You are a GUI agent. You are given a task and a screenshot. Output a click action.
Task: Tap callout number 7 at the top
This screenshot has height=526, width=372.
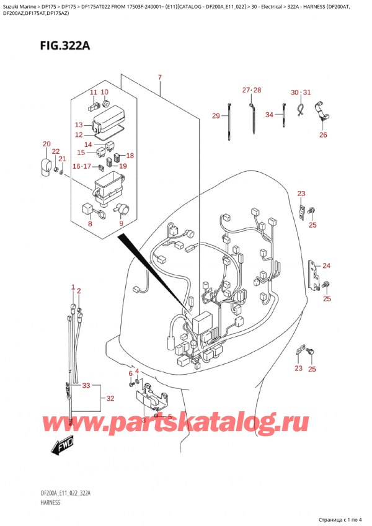(160, 78)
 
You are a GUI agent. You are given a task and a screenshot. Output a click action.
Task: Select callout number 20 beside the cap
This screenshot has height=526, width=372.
(46, 145)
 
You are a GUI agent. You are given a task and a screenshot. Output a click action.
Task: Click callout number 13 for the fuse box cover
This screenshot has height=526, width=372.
(79, 125)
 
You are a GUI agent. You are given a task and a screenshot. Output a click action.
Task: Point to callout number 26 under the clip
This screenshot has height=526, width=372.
(323, 135)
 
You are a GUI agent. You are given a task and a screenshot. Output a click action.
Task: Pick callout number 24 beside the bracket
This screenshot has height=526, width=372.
(327, 266)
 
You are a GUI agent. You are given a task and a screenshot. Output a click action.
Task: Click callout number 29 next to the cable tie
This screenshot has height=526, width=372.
(216, 116)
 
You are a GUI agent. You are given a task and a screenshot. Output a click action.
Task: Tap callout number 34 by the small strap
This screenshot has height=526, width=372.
(269, 115)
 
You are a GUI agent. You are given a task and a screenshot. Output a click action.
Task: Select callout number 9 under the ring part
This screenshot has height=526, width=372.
(122, 224)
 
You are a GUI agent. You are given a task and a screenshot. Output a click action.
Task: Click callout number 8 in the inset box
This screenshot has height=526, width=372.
(91, 224)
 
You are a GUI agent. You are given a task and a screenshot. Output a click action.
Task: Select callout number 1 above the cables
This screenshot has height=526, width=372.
(73, 288)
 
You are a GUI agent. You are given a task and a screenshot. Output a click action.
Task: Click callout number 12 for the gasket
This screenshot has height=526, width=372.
(79, 135)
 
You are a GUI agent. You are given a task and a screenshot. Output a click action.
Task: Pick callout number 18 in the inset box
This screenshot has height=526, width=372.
(130, 156)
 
